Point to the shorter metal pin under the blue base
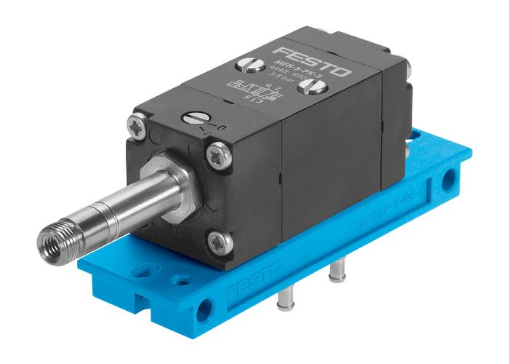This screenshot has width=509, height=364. pos(336,272)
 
